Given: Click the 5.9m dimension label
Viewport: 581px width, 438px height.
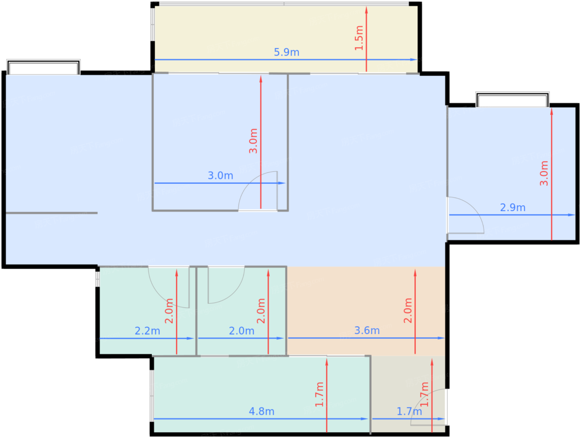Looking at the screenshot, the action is point(286,52).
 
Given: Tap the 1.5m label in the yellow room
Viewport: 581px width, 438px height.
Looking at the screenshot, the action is point(359,38).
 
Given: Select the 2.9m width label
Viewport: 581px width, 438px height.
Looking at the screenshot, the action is point(513,207).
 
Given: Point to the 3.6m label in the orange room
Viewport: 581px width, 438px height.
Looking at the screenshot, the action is point(367,330).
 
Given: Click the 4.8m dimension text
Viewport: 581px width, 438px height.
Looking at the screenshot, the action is point(261,411).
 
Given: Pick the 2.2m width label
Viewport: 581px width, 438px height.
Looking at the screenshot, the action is point(147,331).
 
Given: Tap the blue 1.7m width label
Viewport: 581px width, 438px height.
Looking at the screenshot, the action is point(409,411).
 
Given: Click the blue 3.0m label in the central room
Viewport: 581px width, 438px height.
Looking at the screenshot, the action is point(220,175).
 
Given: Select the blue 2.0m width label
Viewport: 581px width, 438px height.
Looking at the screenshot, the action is point(242,331).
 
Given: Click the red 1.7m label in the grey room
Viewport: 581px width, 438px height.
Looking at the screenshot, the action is point(424,394).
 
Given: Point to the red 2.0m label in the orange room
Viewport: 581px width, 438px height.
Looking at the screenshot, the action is point(408,310).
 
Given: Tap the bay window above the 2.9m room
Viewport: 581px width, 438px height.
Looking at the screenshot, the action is point(512,100).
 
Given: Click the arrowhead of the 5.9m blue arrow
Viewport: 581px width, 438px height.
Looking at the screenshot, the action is point(414,59).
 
